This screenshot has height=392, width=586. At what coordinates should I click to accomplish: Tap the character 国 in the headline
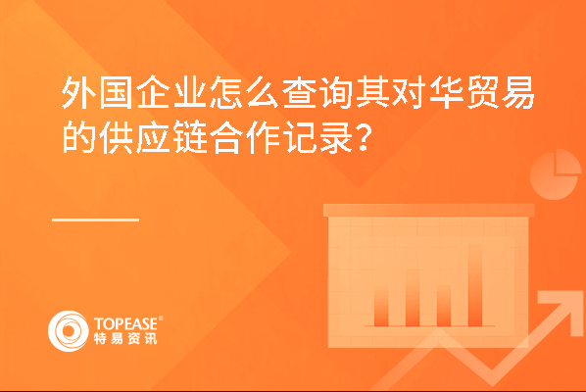[x=116, y=92]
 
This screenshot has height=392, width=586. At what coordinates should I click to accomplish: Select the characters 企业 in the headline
[x=171, y=92]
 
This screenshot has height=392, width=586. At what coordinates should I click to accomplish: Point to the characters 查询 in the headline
[x=317, y=92]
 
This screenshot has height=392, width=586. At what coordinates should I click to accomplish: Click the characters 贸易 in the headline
[x=501, y=92]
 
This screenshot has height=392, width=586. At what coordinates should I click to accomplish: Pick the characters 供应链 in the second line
[x=153, y=137]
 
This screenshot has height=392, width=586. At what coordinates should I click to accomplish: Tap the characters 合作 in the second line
[x=245, y=137]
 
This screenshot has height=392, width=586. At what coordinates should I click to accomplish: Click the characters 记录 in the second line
[x=318, y=137]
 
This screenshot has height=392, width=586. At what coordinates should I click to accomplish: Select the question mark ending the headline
[x=364, y=138]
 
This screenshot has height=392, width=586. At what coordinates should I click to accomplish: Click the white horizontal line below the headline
[x=96, y=220]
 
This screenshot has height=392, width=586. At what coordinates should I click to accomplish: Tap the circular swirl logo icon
[x=69, y=331]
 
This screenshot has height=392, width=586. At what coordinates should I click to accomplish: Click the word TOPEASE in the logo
[x=126, y=324]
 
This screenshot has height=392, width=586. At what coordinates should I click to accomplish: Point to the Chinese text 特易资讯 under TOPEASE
[x=125, y=338]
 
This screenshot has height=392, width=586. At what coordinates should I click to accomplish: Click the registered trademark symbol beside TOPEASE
[x=161, y=318]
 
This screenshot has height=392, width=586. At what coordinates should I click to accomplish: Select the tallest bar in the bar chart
[x=475, y=285]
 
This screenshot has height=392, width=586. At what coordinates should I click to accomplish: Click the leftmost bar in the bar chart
[x=381, y=307]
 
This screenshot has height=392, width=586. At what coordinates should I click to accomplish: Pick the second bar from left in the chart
[x=413, y=298]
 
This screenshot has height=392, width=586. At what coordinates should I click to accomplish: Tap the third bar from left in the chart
[x=444, y=306]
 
